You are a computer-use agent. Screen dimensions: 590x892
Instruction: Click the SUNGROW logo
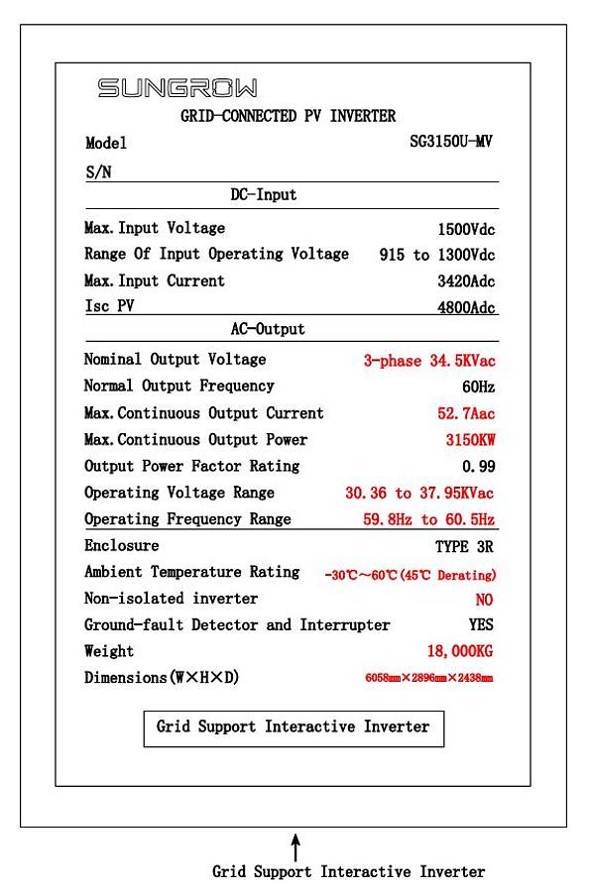click(177, 89)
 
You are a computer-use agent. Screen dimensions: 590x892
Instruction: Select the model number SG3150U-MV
click(451, 143)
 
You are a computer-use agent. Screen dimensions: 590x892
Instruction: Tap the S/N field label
click(98, 171)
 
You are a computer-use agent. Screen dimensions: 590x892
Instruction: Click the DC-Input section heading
click(263, 195)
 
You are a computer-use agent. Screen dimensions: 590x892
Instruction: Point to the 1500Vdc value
click(466, 229)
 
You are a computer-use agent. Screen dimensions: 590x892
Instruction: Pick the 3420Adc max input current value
click(466, 281)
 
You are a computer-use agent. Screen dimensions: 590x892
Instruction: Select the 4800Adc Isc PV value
click(466, 308)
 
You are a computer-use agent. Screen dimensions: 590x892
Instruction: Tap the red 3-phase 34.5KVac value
click(428, 361)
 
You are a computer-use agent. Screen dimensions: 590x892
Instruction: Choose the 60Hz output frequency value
click(478, 387)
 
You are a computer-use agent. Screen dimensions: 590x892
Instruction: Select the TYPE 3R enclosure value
click(464, 546)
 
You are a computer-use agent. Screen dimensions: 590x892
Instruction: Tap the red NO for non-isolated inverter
click(484, 600)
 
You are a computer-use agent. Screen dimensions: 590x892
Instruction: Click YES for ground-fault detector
click(481, 625)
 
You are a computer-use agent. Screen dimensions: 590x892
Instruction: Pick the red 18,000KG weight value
click(459, 651)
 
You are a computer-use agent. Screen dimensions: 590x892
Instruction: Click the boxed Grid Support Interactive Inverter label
click(294, 727)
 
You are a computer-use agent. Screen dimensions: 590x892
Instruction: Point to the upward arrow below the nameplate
click(295, 846)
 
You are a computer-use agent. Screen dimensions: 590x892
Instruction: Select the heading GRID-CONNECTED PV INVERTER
click(288, 116)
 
